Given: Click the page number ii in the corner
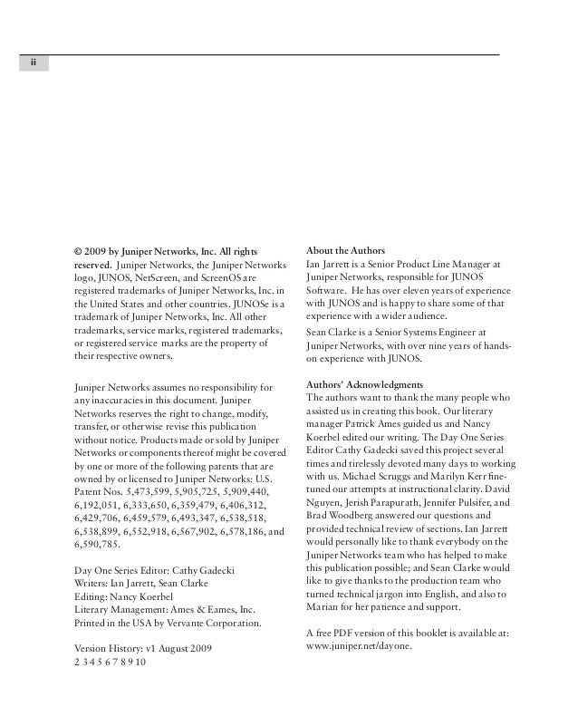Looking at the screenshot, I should click(33, 63).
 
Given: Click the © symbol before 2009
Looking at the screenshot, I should click(78, 251).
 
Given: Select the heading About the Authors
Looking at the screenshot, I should click(346, 250).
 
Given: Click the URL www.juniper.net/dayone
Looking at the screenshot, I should click(360, 647).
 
